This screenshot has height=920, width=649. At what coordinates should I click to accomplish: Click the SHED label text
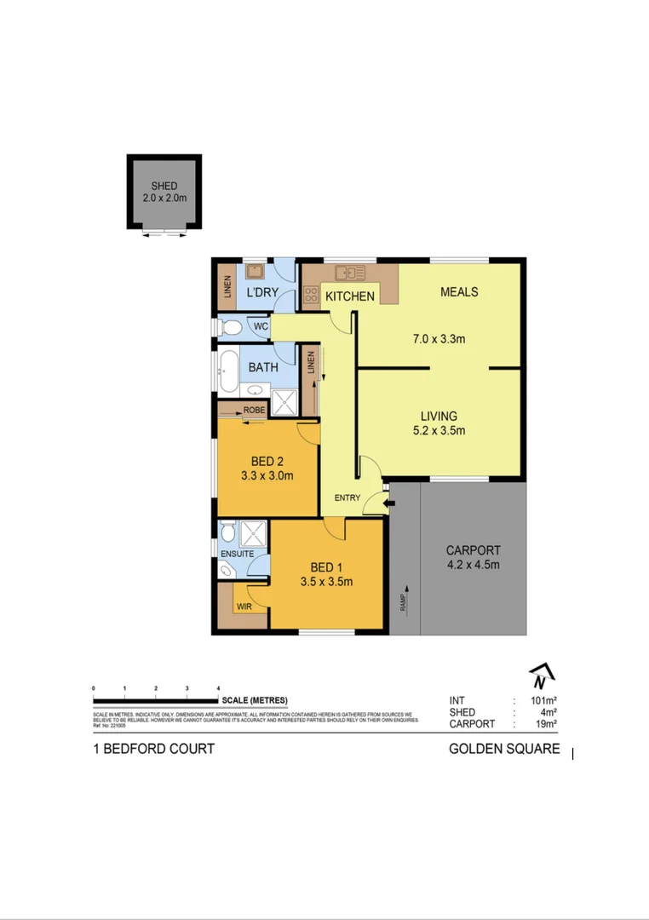pos(164,186)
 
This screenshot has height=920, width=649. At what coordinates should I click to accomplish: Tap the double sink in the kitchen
pos(349,273)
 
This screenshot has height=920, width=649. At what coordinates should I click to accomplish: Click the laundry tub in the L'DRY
pos(254,273)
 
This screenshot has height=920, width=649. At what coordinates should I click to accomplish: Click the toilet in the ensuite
pos(227,534)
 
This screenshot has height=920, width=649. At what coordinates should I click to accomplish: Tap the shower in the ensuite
pos(253,534)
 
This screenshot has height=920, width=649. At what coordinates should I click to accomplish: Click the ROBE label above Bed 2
pos(254,411)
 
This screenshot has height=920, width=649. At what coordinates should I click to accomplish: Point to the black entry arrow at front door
pos(389,505)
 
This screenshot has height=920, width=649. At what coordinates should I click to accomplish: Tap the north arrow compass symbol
pos(541,676)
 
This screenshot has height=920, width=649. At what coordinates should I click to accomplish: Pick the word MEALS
pos(458,292)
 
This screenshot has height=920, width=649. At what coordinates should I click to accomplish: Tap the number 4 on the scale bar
pos(218,687)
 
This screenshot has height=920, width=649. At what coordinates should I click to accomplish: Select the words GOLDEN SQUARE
pos(504,749)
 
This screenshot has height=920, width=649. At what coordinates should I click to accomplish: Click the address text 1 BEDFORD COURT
pos(153,749)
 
